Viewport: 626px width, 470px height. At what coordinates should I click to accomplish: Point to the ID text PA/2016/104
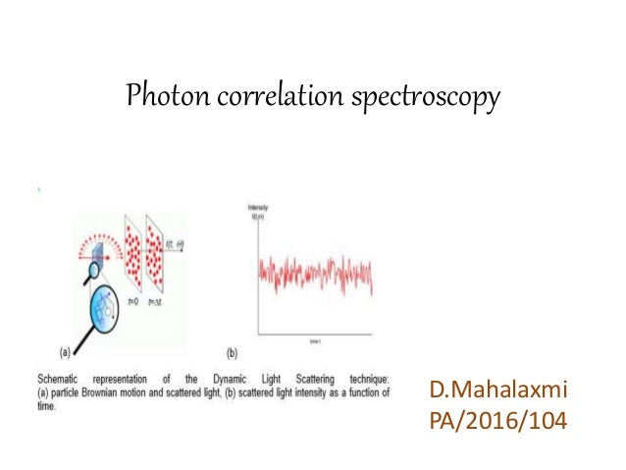[498, 424]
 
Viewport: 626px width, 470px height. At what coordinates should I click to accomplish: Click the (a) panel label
[62, 348]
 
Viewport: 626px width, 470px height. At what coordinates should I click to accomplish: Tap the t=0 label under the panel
[134, 302]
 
